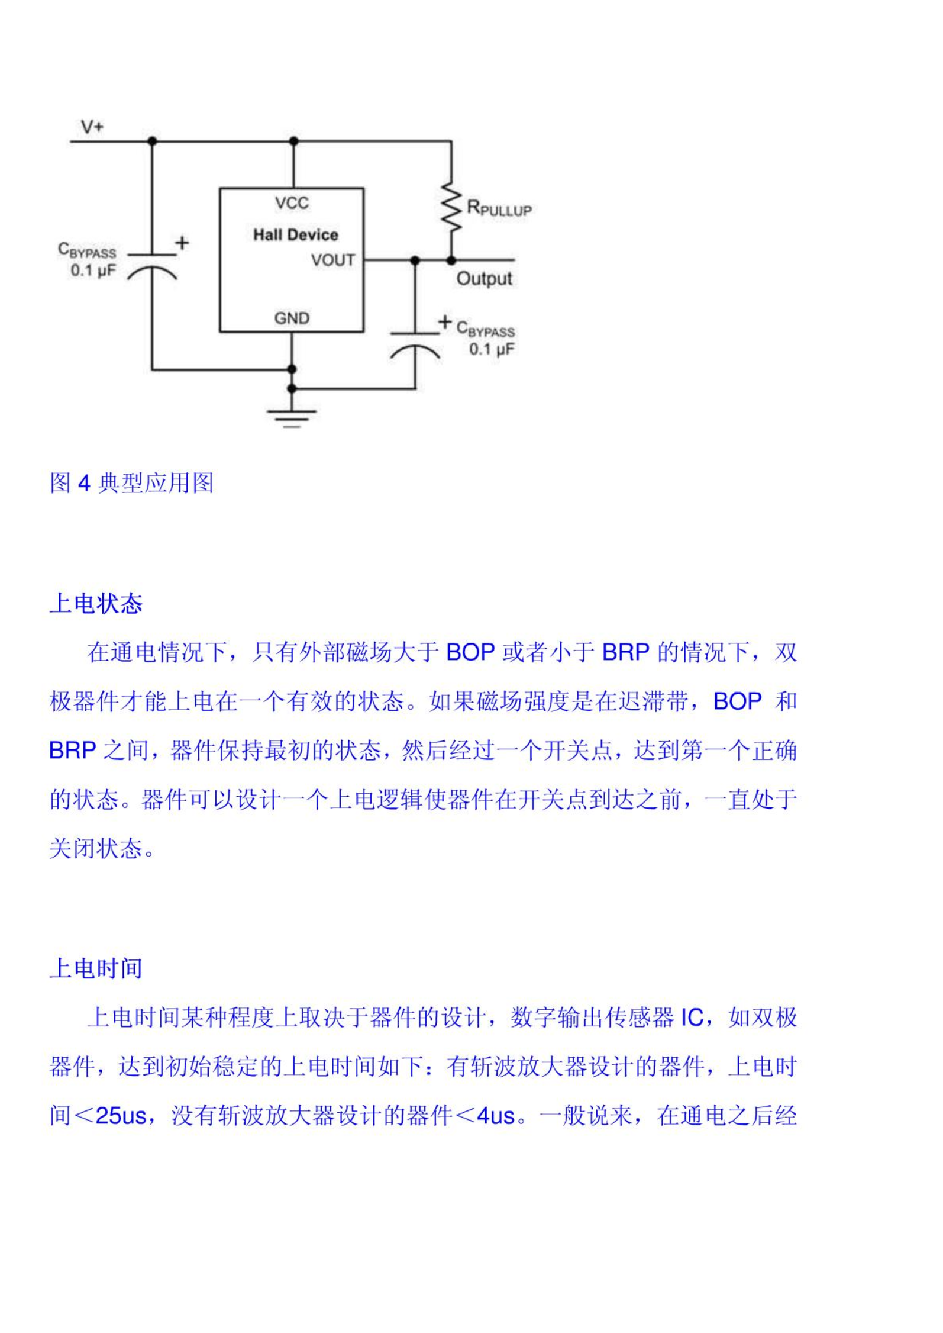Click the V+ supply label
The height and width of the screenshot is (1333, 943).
point(92,127)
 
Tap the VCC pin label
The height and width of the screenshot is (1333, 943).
point(292,203)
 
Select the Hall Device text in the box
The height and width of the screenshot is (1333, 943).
point(296,235)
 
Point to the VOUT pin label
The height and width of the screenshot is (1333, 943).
point(333,260)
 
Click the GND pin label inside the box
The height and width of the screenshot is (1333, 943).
point(292,318)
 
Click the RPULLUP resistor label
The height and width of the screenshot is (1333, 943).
point(499,208)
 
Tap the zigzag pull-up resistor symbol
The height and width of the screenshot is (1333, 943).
point(451,208)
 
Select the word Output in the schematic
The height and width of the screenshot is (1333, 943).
point(484,278)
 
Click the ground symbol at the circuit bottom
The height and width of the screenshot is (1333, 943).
point(292,418)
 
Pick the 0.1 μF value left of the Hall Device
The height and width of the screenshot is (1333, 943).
point(93,271)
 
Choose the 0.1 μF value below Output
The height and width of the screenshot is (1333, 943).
point(492,349)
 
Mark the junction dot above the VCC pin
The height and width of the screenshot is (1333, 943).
point(293,141)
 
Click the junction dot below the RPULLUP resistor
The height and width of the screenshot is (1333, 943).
point(451,260)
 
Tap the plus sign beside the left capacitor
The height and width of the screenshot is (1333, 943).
point(182,243)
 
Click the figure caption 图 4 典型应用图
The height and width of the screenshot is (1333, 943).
point(131,483)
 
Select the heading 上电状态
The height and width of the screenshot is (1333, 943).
point(96,604)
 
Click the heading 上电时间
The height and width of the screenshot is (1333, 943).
point(96,968)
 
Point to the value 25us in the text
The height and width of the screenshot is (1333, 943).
point(121,1116)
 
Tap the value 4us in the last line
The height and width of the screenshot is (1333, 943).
point(496,1116)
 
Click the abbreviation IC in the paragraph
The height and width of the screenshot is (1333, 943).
point(692,1018)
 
